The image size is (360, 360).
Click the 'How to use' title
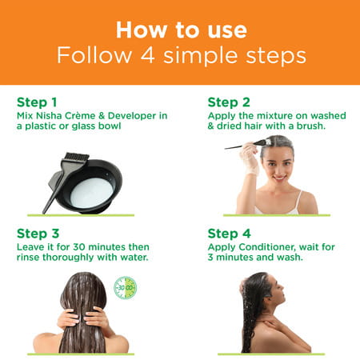[x=179, y=30]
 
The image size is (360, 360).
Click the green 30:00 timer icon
[x=125, y=287]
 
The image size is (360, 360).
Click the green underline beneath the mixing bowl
[x=80, y=214]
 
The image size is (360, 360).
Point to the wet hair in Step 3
[x=82, y=312]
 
